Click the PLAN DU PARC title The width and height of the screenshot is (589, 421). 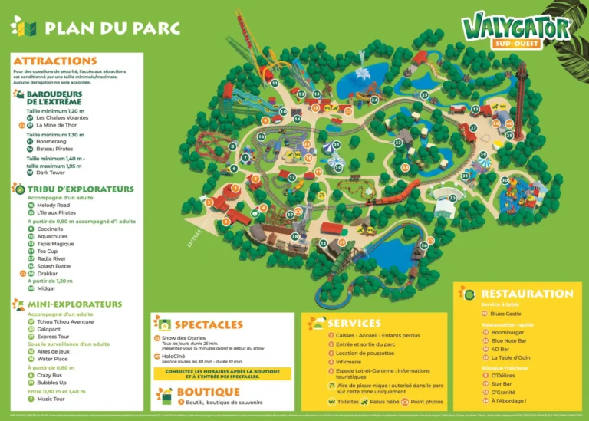pos(112,28)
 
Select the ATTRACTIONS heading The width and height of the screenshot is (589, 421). pos(55,61)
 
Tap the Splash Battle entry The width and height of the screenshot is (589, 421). pos(53,266)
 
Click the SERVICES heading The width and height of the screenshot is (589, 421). pos(354,324)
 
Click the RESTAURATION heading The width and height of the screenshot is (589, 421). pos(527,294)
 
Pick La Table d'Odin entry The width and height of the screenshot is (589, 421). pos(508,358)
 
